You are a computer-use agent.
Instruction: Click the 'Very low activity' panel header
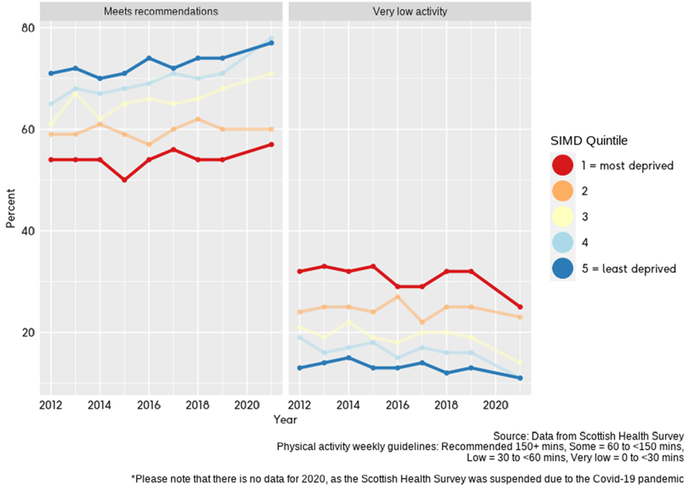pos(409,11)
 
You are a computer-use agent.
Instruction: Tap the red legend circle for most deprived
pos(562,165)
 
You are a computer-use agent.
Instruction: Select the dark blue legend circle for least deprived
pos(562,269)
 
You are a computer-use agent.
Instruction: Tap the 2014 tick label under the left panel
pos(100,404)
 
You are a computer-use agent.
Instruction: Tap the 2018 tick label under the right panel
pos(446,404)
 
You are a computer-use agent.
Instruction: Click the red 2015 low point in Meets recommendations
pos(124,180)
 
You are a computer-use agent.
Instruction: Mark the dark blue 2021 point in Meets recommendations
pos(272,43)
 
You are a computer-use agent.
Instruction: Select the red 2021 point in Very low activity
pos(520,307)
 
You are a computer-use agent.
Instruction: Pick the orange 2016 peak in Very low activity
pos(397,296)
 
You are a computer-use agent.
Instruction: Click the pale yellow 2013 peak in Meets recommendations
pos(75,94)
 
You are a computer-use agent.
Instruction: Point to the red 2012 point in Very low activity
pos(299,271)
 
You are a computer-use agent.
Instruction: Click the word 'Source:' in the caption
pos(508,436)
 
